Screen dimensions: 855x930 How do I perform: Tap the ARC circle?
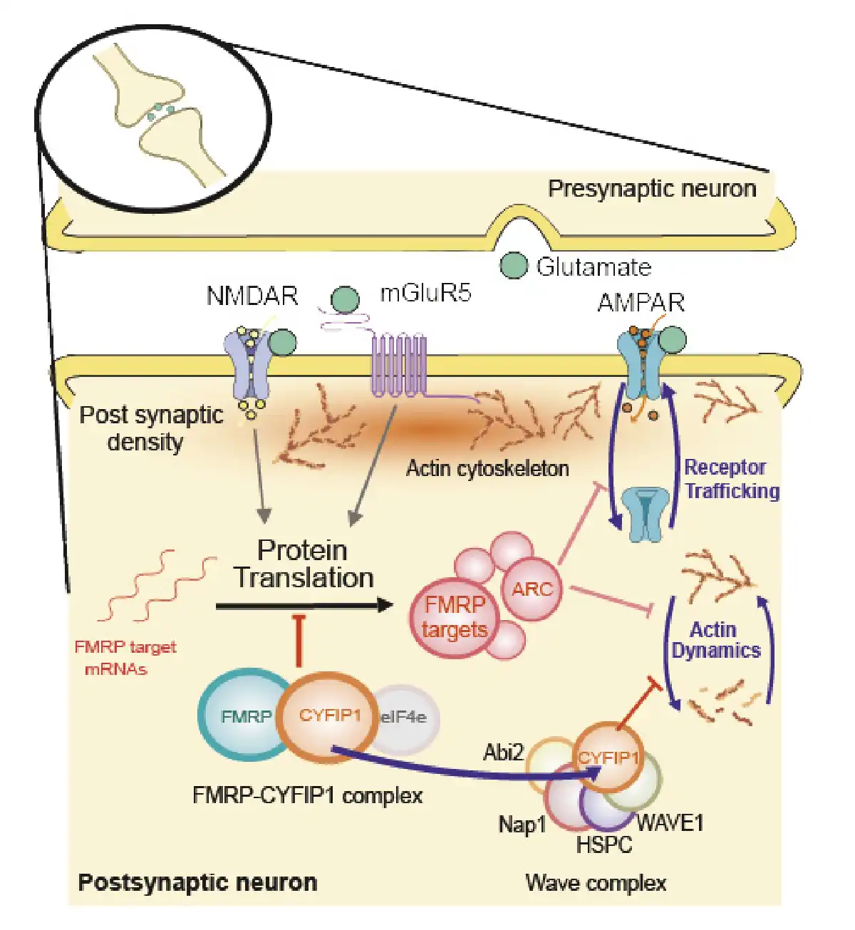(x=533, y=589)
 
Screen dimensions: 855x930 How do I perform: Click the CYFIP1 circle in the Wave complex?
(x=608, y=758)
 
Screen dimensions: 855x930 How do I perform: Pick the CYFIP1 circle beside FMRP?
(x=329, y=717)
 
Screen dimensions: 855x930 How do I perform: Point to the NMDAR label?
(x=252, y=296)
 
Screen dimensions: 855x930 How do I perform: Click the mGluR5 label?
(x=425, y=292)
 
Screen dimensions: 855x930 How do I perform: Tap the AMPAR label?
(x=641, y=303)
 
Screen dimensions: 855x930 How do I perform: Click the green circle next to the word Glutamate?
(x=514, y=266)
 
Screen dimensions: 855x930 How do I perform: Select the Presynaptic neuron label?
(x=653, y=189)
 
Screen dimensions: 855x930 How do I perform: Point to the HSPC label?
(x=604, y=844)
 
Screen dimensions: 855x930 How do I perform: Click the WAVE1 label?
(x=670, y=823)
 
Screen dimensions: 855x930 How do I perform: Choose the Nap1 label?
(x=522, y=825)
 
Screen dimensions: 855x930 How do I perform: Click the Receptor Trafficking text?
(x=732, y=479)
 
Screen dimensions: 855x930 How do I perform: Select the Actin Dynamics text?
(x=716, y=640)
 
